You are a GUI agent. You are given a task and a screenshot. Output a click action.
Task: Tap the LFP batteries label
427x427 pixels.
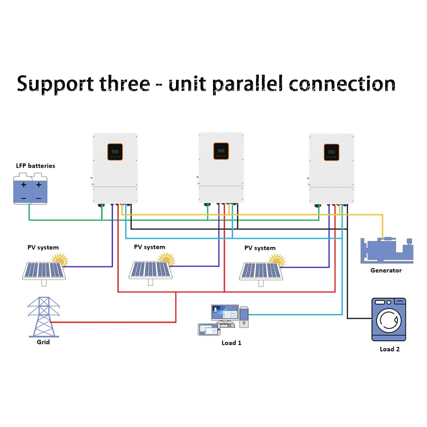(x=35, y=166)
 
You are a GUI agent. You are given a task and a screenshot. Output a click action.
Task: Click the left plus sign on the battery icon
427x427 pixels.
(x=23, y=185)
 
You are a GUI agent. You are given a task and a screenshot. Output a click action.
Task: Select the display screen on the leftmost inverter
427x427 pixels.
(x=115, y=152)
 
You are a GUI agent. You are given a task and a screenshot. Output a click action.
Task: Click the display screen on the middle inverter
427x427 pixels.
(x=221, y=151)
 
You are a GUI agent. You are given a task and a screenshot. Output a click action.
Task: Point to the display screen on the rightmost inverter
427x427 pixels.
(x=331, y=152)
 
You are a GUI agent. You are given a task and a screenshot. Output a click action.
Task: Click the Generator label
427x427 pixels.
(x=386, y=270)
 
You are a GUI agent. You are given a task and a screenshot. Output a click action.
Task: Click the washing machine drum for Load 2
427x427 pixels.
(x=389, y=320)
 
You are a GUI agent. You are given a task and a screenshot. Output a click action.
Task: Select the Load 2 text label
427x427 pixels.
(x=390, y=349)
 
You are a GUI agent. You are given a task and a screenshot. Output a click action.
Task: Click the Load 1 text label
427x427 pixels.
(x=231, y=343)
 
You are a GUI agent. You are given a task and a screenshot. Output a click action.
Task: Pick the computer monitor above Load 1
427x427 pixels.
(x=225, y=313)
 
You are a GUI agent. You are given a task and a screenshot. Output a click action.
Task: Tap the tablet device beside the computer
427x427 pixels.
(x=209, y=329)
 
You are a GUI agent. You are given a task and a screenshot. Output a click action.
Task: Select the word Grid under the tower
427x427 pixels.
(x=43, y=342)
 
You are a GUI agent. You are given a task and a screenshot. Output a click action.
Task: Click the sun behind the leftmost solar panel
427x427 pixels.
(x=60, y=259)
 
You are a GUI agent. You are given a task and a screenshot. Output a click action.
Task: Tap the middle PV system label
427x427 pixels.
(x=149, y=247)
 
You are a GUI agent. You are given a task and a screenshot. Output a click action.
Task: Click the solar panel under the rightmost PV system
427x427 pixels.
(x=261, y=271)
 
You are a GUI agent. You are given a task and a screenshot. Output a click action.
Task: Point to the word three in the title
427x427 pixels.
(x=125, y=84)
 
